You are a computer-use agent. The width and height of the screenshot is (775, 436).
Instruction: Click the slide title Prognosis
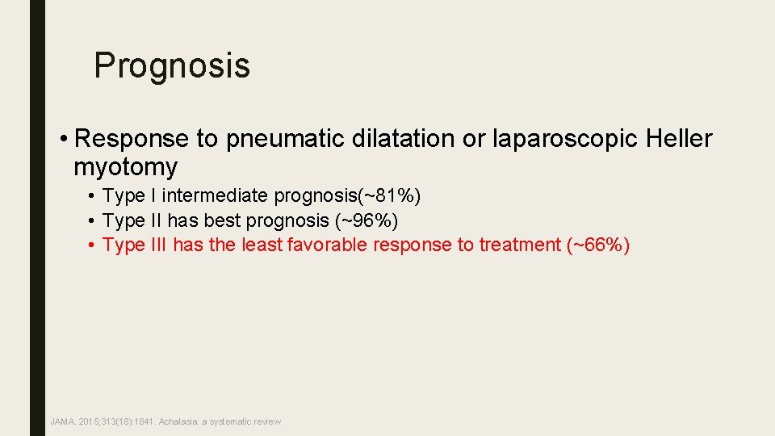[x=172, y=65]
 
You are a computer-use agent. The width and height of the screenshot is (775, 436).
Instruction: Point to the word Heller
[x=680, y=139]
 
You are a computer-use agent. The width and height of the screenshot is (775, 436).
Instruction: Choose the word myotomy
[x=125, y=167]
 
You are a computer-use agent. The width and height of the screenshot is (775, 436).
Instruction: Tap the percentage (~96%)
[x=367, y=220]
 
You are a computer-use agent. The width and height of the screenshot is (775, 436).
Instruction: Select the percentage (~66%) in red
[x=597, y=245]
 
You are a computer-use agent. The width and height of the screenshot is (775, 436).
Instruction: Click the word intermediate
[x=216, y=195]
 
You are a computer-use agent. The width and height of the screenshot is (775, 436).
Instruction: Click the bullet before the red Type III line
[x=94, y=245]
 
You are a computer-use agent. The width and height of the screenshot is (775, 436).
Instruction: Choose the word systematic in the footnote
[x=234, y=421]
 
